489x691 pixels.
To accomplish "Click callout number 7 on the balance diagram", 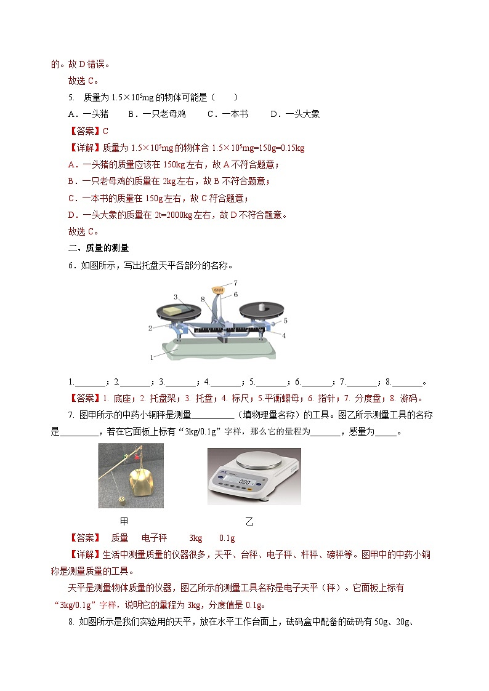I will coord(235,282).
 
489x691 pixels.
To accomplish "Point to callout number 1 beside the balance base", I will coord(152,357).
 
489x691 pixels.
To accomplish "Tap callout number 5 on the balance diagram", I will coord(286,321).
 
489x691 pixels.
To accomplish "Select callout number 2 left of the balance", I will coord(150,329).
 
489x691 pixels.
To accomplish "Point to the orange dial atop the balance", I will coord(218,287).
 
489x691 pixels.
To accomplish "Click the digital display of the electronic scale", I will coord(245,482).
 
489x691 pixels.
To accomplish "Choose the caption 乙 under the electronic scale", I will coord(249,521).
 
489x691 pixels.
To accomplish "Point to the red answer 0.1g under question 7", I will coord(227,537).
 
